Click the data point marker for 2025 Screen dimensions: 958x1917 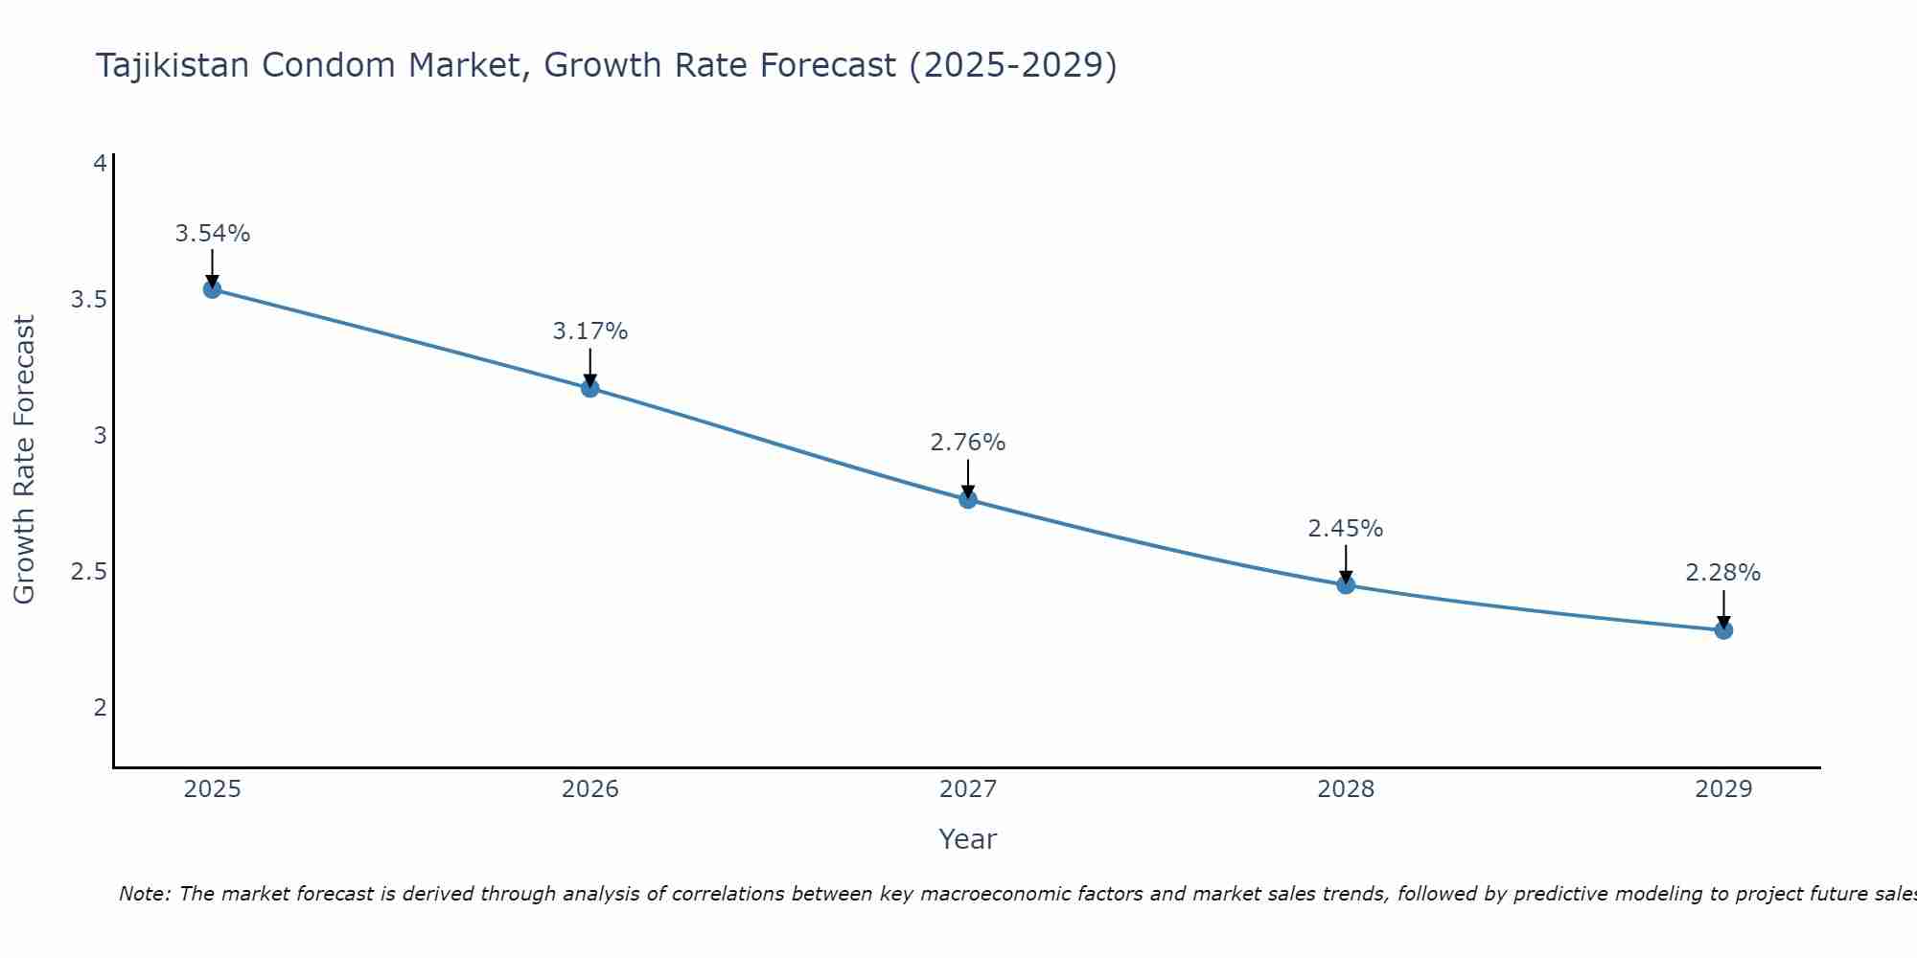click(x=212, y=289)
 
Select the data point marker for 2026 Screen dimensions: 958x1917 click(x=589, y=388)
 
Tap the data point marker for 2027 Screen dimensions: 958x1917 click(x=967, y=499)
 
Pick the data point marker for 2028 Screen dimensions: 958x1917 click(x=1345, y=584)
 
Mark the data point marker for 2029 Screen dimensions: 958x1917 click(x=1722, y=630)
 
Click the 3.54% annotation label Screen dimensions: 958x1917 click(x=212, y=234)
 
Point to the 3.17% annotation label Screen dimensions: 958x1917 click(x=589, y=331)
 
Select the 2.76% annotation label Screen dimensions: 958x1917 click(x=967, y=443)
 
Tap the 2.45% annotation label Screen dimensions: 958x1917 click(x=1345, y=529)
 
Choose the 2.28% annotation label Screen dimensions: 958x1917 click(x=1722, y=573)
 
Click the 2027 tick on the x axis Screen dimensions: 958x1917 click(x=967, y=789)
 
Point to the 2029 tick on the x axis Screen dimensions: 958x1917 click(x=1722, y=789)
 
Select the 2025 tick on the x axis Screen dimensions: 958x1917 click(x=212, y=789)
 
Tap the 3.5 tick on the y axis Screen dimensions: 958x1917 click(x=88, y=300)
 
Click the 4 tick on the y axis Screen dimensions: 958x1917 click(x=99, y=164)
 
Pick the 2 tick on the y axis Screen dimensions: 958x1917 click(x=99, y=708)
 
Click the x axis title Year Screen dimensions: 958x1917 click(x=967, y=839)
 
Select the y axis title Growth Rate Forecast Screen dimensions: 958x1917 click(x=24, y=460)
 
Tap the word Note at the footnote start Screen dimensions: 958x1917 click(x=144, y=894)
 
